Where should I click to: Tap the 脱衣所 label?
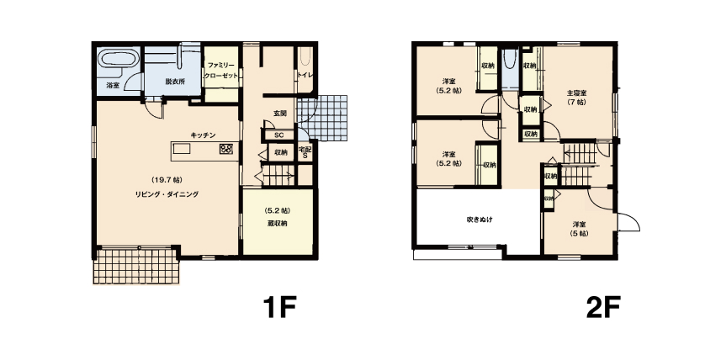click(x=175, y=82)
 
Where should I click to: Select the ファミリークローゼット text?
click(x=220, y=71)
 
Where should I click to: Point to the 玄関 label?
click(x=280, y=114)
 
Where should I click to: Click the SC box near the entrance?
click(x=279, y=135)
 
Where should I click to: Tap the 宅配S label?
click(x=305, y=153)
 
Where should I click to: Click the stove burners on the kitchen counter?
click(x=225, y=149)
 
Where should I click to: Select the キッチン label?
click(x=204, y=135)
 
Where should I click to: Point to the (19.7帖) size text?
click(x=167, y=180)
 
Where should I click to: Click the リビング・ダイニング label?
click(x=167, y=194)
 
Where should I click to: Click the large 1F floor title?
click(x=279, y=307)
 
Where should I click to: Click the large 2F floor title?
click(x=603, y=307)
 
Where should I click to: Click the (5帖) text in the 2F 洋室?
click(x=579, y=234)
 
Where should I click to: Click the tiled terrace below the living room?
click(x=136, y=266)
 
